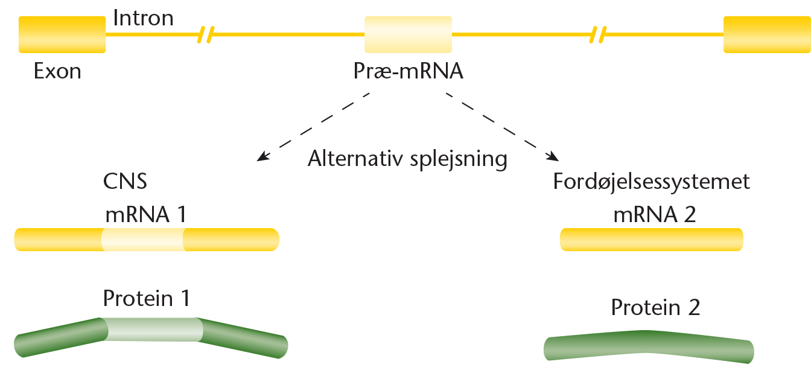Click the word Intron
click(144, 18)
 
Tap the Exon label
click(57, 71)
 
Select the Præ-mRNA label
click(409, 71)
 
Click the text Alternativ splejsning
click(407, 159)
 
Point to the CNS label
click(126, 181)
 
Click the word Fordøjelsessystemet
click(651, 182)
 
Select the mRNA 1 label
click(146, 214)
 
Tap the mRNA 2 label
click(655, 214)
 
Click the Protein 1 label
click(147, 299)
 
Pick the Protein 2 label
click(655, 308)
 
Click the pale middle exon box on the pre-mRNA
click(408, 34)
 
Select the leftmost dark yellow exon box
click(62, 34)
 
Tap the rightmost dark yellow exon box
click(767, 34)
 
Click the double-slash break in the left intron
click(206, 35)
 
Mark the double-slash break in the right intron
click(598, 35)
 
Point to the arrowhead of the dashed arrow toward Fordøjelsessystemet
click(553, 156)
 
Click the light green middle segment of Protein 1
click(153, 330)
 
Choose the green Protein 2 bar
click(649, 346)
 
